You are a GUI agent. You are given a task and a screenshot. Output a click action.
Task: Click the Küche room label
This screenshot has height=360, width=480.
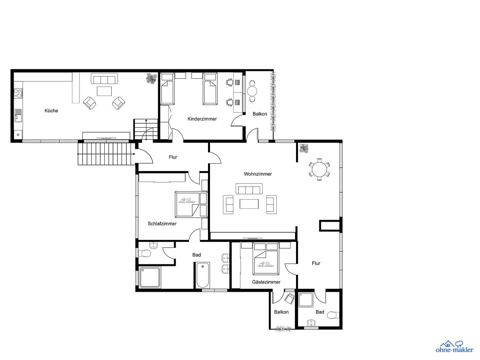coord(51,111)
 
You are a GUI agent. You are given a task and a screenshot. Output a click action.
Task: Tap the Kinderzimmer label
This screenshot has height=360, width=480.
coord(202,119)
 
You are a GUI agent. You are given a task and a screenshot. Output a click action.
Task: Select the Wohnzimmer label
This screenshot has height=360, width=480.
coord(258,174)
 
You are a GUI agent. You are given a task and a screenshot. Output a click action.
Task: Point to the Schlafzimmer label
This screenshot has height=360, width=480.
coord(162,224)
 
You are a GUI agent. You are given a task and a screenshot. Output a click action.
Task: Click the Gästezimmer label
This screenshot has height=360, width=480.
coord(266,282)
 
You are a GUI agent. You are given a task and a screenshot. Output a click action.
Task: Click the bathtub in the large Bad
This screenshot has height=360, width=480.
coord(203,275)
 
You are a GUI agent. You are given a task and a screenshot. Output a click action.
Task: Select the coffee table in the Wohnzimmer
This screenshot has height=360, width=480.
coord(249,204)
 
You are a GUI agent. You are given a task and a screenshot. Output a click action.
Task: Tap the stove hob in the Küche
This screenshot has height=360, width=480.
coord(18,93)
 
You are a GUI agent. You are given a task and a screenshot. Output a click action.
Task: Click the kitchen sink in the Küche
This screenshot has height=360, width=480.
coord(18,115)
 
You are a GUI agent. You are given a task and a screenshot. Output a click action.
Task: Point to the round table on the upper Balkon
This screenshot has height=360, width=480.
coord(252,91)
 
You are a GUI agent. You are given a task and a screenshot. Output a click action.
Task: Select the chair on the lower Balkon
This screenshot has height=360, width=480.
coord(289,298)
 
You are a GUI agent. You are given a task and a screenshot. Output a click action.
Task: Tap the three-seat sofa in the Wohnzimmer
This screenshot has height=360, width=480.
coord(248,189)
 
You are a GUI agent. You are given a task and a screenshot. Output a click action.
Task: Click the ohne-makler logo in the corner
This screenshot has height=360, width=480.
coord(454,347)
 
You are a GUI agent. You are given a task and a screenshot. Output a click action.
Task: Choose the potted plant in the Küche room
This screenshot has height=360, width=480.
coord(151,79)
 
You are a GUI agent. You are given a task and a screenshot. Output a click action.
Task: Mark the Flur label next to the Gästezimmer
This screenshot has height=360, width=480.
coord(316,263)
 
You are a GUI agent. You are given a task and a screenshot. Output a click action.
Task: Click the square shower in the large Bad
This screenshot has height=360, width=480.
coord(150,277)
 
